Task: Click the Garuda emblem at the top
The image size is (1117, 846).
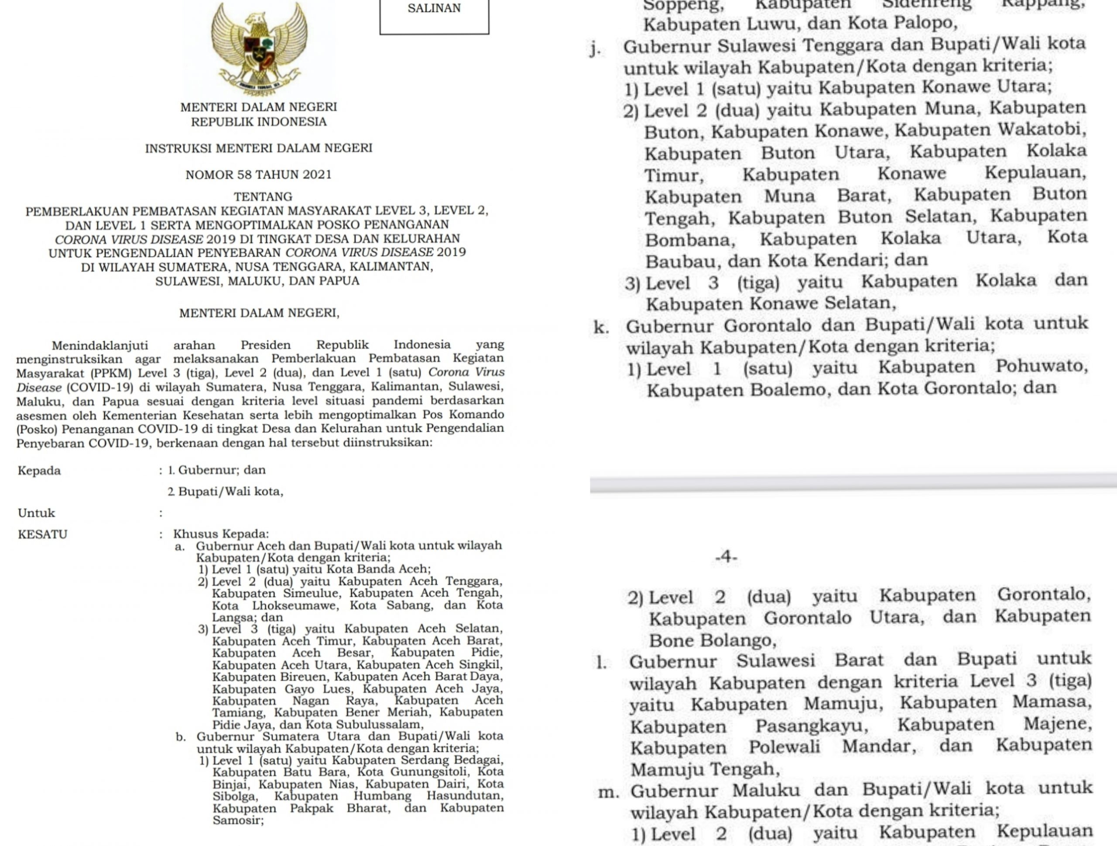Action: [259, 48]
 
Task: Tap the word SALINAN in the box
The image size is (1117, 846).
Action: [434, 9]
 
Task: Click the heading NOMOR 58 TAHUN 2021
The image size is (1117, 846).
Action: [259, 175]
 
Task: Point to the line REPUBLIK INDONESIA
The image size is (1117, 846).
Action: [259, 122]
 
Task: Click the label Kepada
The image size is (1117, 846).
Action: [39, 471]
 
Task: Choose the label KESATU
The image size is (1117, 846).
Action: [42, 534]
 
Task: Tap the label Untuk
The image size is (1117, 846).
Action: [36, 513]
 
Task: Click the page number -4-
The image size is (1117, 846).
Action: [726, 557]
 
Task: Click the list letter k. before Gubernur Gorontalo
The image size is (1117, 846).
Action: [601, 327]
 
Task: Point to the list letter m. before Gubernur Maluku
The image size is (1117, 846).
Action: [609, 791]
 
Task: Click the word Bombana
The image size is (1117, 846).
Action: [690, 239]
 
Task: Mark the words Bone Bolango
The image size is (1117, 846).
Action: [712, 641]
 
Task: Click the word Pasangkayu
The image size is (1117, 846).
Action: [812, 726]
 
